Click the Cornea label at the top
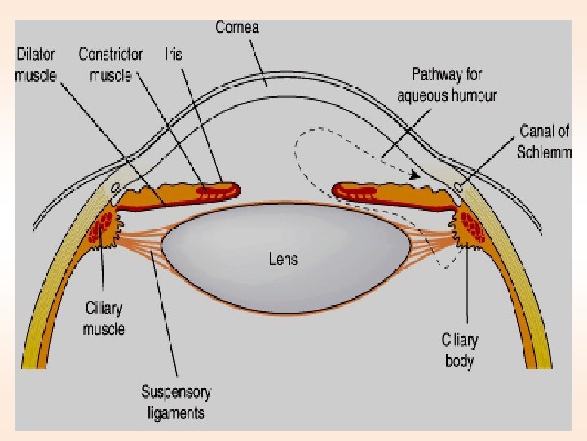(x=237, y=27)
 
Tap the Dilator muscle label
(x=37, y=64)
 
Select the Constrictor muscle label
(x=110, y=64)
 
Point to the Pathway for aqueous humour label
(x=447, y=85)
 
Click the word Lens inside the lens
(x=283, y=260)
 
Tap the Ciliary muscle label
(x=104, y=318)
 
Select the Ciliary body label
(x=459, y=350)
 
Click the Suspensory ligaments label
(x=176, y=402)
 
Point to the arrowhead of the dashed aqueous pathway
(x=415, y=174)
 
